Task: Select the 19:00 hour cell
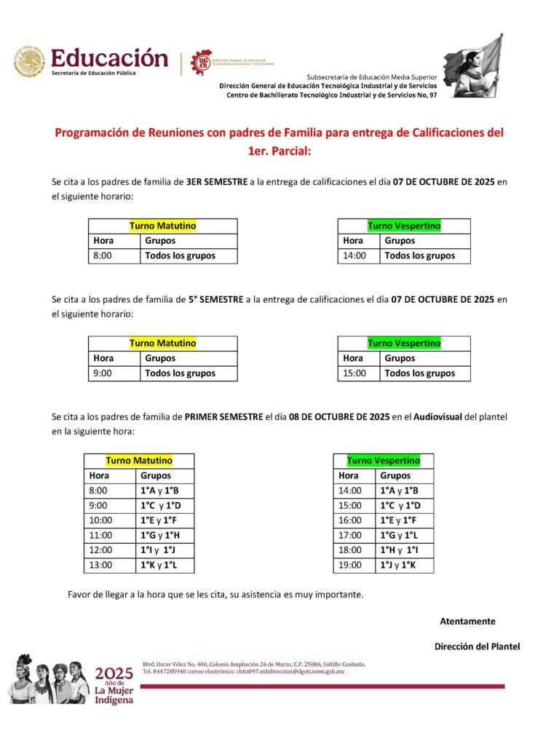(x=350, y=565)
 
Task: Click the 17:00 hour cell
(x=350, y=535)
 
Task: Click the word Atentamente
(x=467, y=621)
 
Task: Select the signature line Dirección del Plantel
(x=477, y=646)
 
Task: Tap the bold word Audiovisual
(x=437, y=417)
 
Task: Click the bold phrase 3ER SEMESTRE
(x=217, y=182)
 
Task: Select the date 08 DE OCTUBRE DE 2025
(x=338, y=417)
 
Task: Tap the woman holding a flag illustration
(x=473, y=65)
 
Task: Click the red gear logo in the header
(x=202, y=63)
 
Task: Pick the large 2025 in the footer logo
(x=114, y=673)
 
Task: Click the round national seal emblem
(x=29, y=63)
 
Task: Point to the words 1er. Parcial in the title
(x=279, y=151)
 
